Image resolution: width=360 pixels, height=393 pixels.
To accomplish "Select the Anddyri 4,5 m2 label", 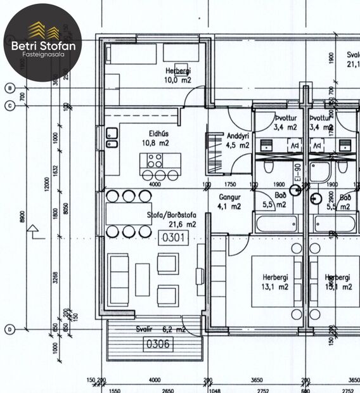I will pyautogui.click(x=238, y=140).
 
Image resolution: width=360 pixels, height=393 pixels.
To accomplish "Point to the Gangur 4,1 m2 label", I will pyautogui.click(x=229, y=202).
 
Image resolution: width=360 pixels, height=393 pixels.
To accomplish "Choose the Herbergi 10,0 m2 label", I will pyautogui.click(x=177, y=75).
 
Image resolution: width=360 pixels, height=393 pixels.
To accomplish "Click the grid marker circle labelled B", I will pyautogui.click(x=10, y=87).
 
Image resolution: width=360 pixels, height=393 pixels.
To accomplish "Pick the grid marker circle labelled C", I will pyautogui.click(x=10, y=106).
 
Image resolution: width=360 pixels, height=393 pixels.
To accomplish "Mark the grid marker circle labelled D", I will pyautogui.click(x=10, y=329).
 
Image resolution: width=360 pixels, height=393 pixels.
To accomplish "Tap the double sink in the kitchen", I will pyautogui.click(x=112, y=138).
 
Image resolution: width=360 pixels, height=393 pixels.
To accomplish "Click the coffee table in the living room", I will pyautogui.click(x=142, y=280).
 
